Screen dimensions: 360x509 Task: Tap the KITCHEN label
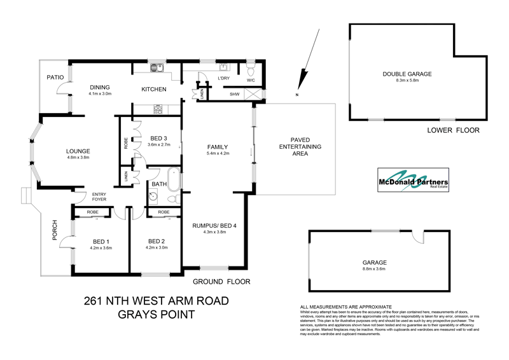click(x=153, y=89)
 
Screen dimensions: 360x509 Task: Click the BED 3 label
click(x=158, y=139)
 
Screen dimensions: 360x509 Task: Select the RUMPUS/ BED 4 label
click(x=214, y=225)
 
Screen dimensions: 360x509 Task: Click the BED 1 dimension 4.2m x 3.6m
click(x=101, y=248)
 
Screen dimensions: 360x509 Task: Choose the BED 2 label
click(x=157, y=241)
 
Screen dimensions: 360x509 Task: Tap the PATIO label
click(x=55, y=77)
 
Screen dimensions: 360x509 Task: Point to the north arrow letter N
click(x=296, y=95)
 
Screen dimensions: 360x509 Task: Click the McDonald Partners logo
click(x=412, y=179)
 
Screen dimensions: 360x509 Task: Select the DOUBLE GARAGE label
click(x=407, y=74)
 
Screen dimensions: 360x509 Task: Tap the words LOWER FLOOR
click(x=453, y=130)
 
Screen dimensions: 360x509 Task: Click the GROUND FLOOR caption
click(x=221, y=281)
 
